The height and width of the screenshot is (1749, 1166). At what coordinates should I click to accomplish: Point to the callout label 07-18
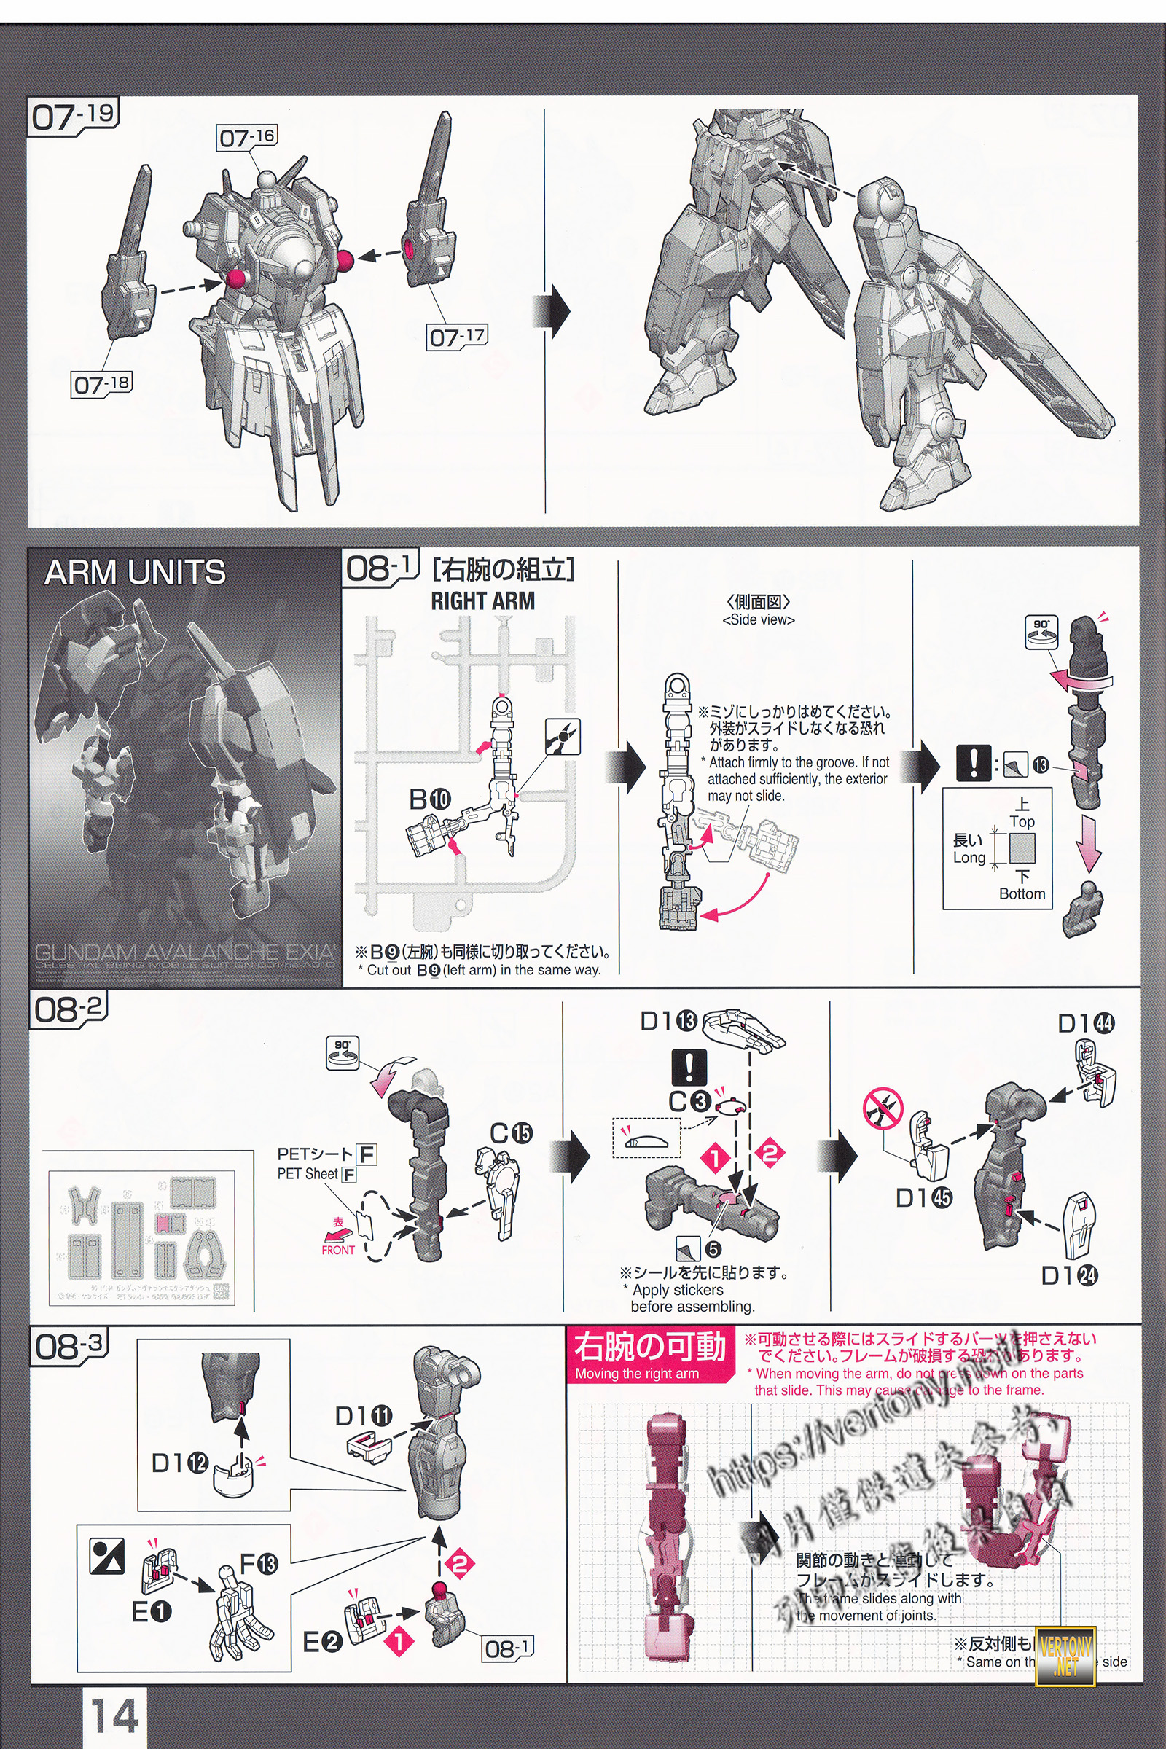(x=101, y=385)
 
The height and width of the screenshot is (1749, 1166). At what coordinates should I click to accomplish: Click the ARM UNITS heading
(x=135, y=573)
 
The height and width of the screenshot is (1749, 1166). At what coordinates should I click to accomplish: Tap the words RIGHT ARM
(x=482, y=600)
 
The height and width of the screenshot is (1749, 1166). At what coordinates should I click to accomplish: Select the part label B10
(x=430, y=799)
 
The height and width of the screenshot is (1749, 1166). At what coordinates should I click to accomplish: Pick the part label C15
(x=511, y=1133)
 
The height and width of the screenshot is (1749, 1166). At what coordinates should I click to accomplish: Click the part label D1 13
(x=668, y=1022)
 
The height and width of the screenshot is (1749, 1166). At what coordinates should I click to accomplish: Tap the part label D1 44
(x=1086, y=1024)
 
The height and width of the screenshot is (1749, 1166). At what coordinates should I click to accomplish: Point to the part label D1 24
(x=1069, y=1275)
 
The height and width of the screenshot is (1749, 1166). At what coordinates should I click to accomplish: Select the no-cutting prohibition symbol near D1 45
(x=883, y=1108)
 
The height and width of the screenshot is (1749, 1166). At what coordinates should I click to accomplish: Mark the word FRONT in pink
(x=337, y=1250)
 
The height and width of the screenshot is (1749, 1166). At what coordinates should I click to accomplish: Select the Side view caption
(x=759, y=619)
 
